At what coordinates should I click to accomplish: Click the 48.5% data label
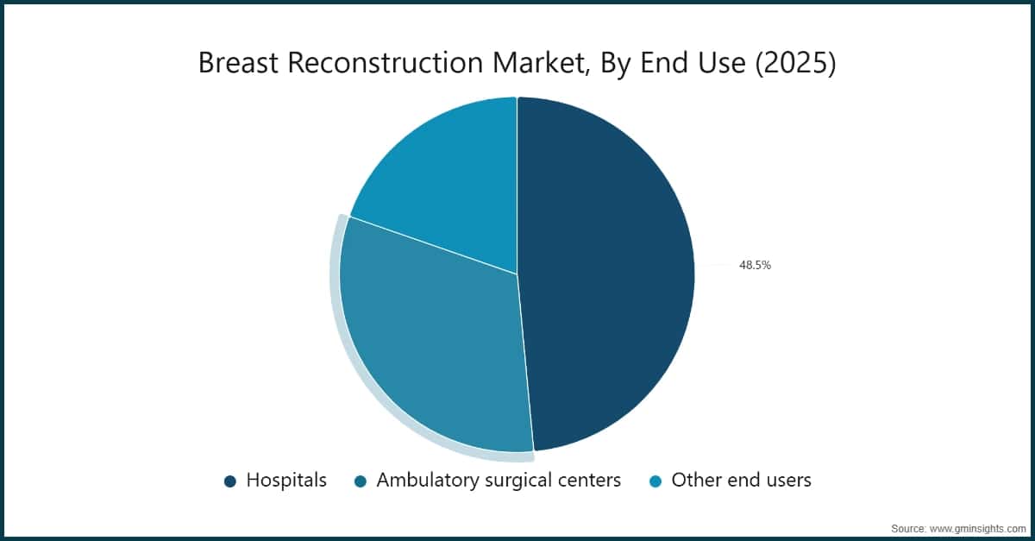755,266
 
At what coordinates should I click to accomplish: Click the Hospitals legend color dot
230,481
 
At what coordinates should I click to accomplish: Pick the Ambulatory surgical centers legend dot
361,481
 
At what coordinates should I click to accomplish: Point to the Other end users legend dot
655,481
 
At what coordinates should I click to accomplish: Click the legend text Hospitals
286,481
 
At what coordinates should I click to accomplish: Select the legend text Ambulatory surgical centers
499,481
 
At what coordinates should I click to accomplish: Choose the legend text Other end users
741,481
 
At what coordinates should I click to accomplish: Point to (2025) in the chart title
795,65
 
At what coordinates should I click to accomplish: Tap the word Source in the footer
908,527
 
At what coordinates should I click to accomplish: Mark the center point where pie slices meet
517,274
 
